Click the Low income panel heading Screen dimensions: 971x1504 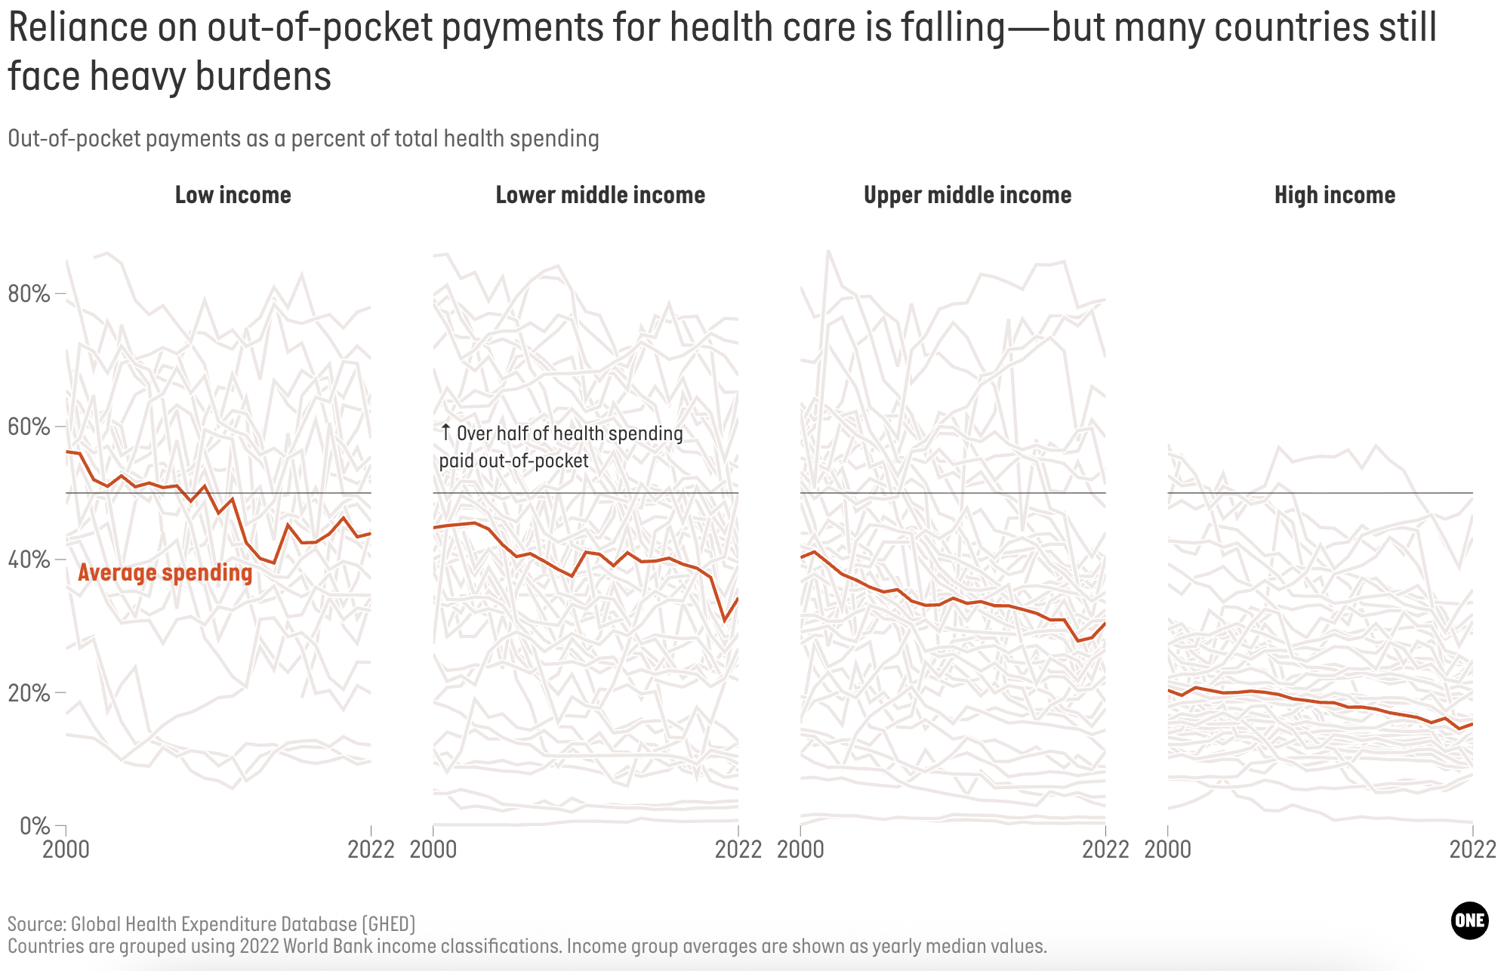[233, 195]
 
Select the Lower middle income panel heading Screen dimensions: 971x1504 [600, 195]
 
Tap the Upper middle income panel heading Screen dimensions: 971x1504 [967, 195]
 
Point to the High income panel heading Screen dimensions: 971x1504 [1334, 195]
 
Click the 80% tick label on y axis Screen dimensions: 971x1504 [29, 294]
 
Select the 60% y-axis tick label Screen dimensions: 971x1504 [29, 427]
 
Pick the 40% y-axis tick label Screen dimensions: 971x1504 [29, 559]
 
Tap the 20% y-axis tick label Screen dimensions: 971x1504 [29, 692]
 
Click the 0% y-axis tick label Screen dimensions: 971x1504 [34, 825]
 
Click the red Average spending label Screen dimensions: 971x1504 [165, 572]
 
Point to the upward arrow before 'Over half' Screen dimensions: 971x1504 [445, 433]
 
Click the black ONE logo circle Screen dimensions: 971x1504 [1469, 920]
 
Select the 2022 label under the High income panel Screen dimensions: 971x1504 [1472, 849]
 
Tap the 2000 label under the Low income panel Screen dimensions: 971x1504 [66, 849]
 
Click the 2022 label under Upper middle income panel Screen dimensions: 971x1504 [1105, 849]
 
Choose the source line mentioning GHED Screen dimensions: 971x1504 [211, 924]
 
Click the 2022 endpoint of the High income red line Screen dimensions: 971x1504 [1472, 724]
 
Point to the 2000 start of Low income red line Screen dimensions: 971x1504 [67, 452]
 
